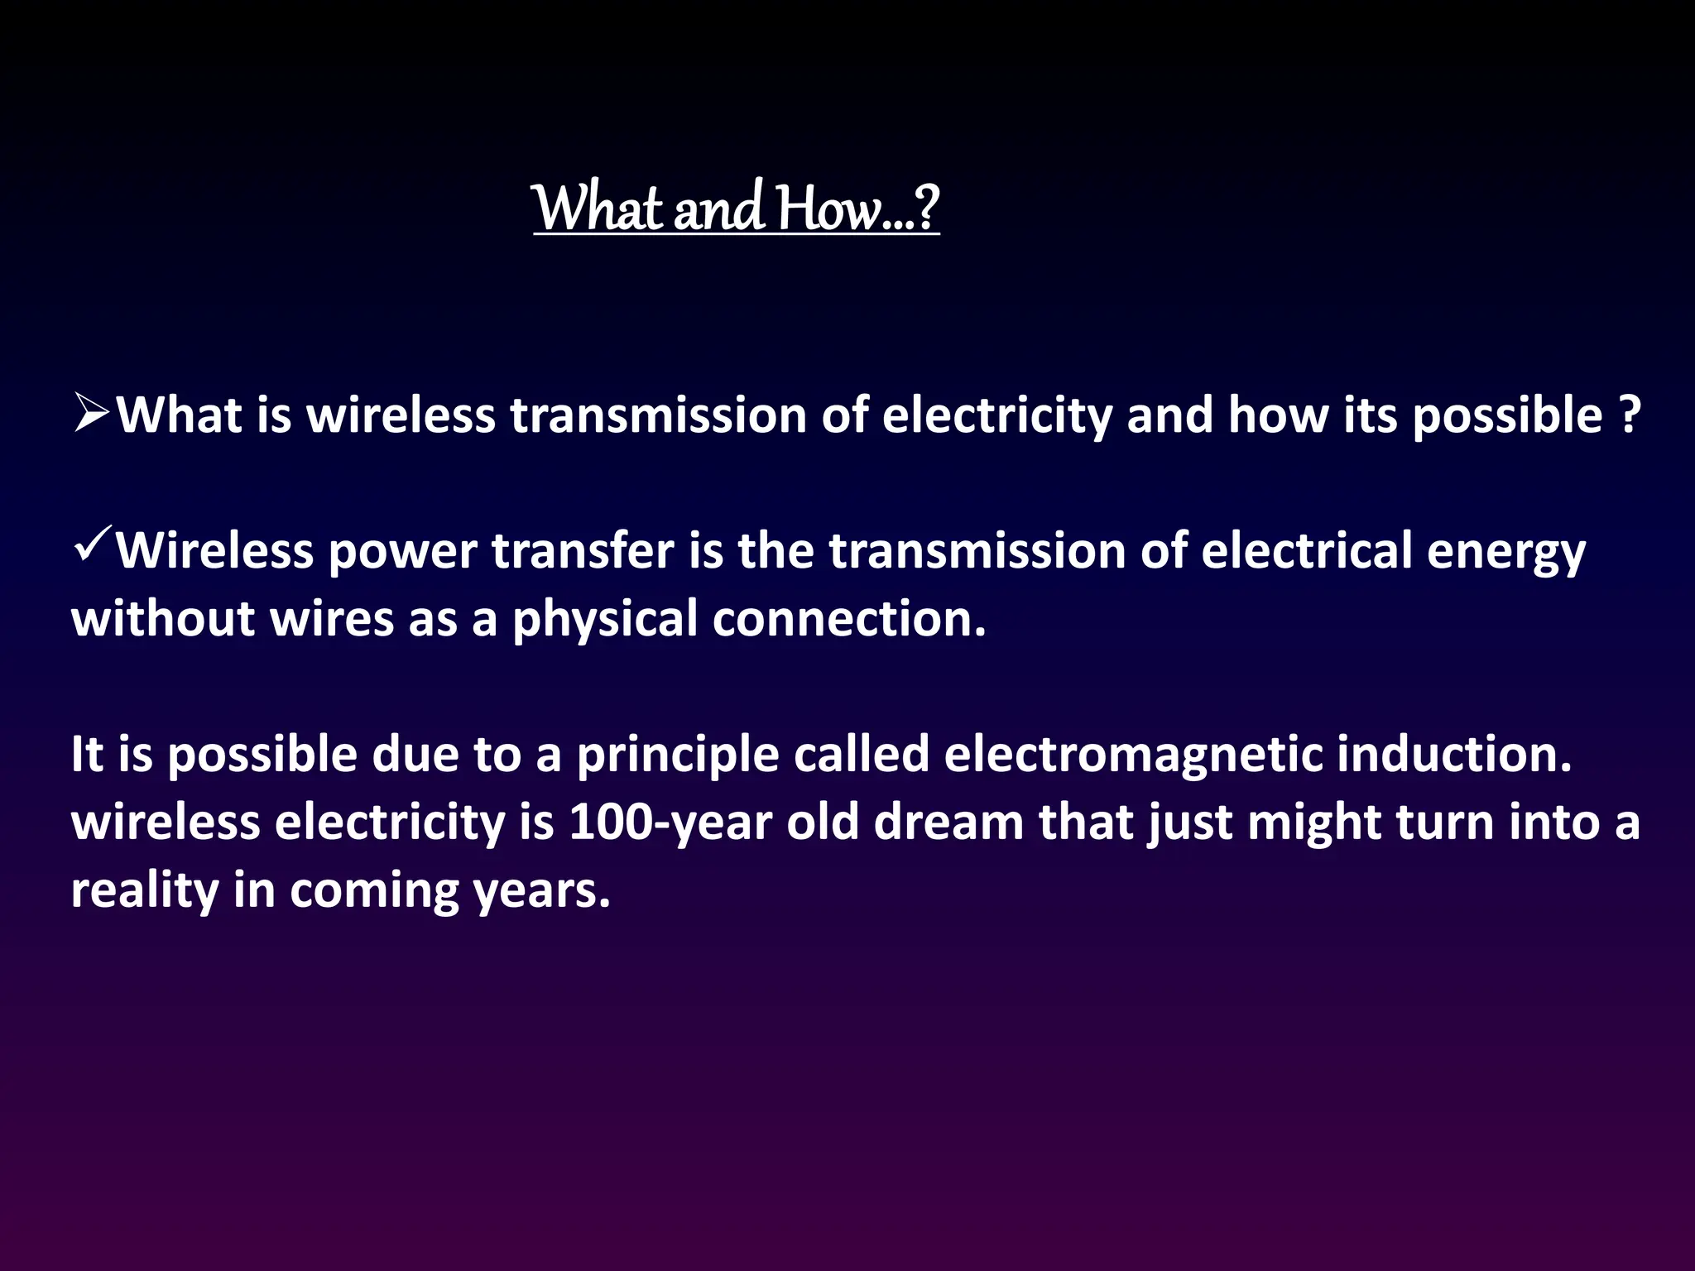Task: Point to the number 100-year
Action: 670,823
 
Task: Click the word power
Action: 402,552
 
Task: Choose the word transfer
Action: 583,550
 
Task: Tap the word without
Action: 163,619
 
